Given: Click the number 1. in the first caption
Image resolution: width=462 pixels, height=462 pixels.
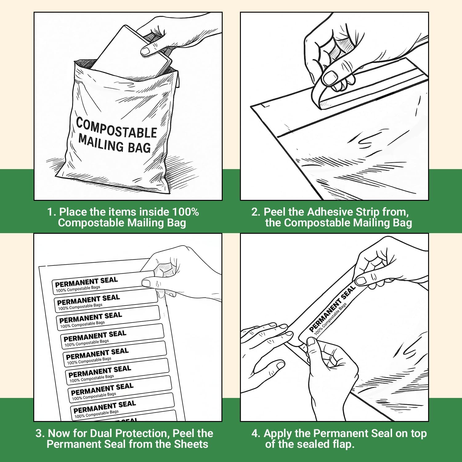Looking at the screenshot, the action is point(51,212).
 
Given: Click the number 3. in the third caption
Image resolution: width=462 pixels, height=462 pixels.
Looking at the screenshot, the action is point(40,433).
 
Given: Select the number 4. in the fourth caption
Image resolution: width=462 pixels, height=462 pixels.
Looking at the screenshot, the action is point(256,433).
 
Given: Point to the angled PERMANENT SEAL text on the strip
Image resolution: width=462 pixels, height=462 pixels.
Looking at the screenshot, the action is point(332,309).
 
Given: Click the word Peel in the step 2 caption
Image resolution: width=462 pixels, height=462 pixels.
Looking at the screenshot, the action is point(274,212).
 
